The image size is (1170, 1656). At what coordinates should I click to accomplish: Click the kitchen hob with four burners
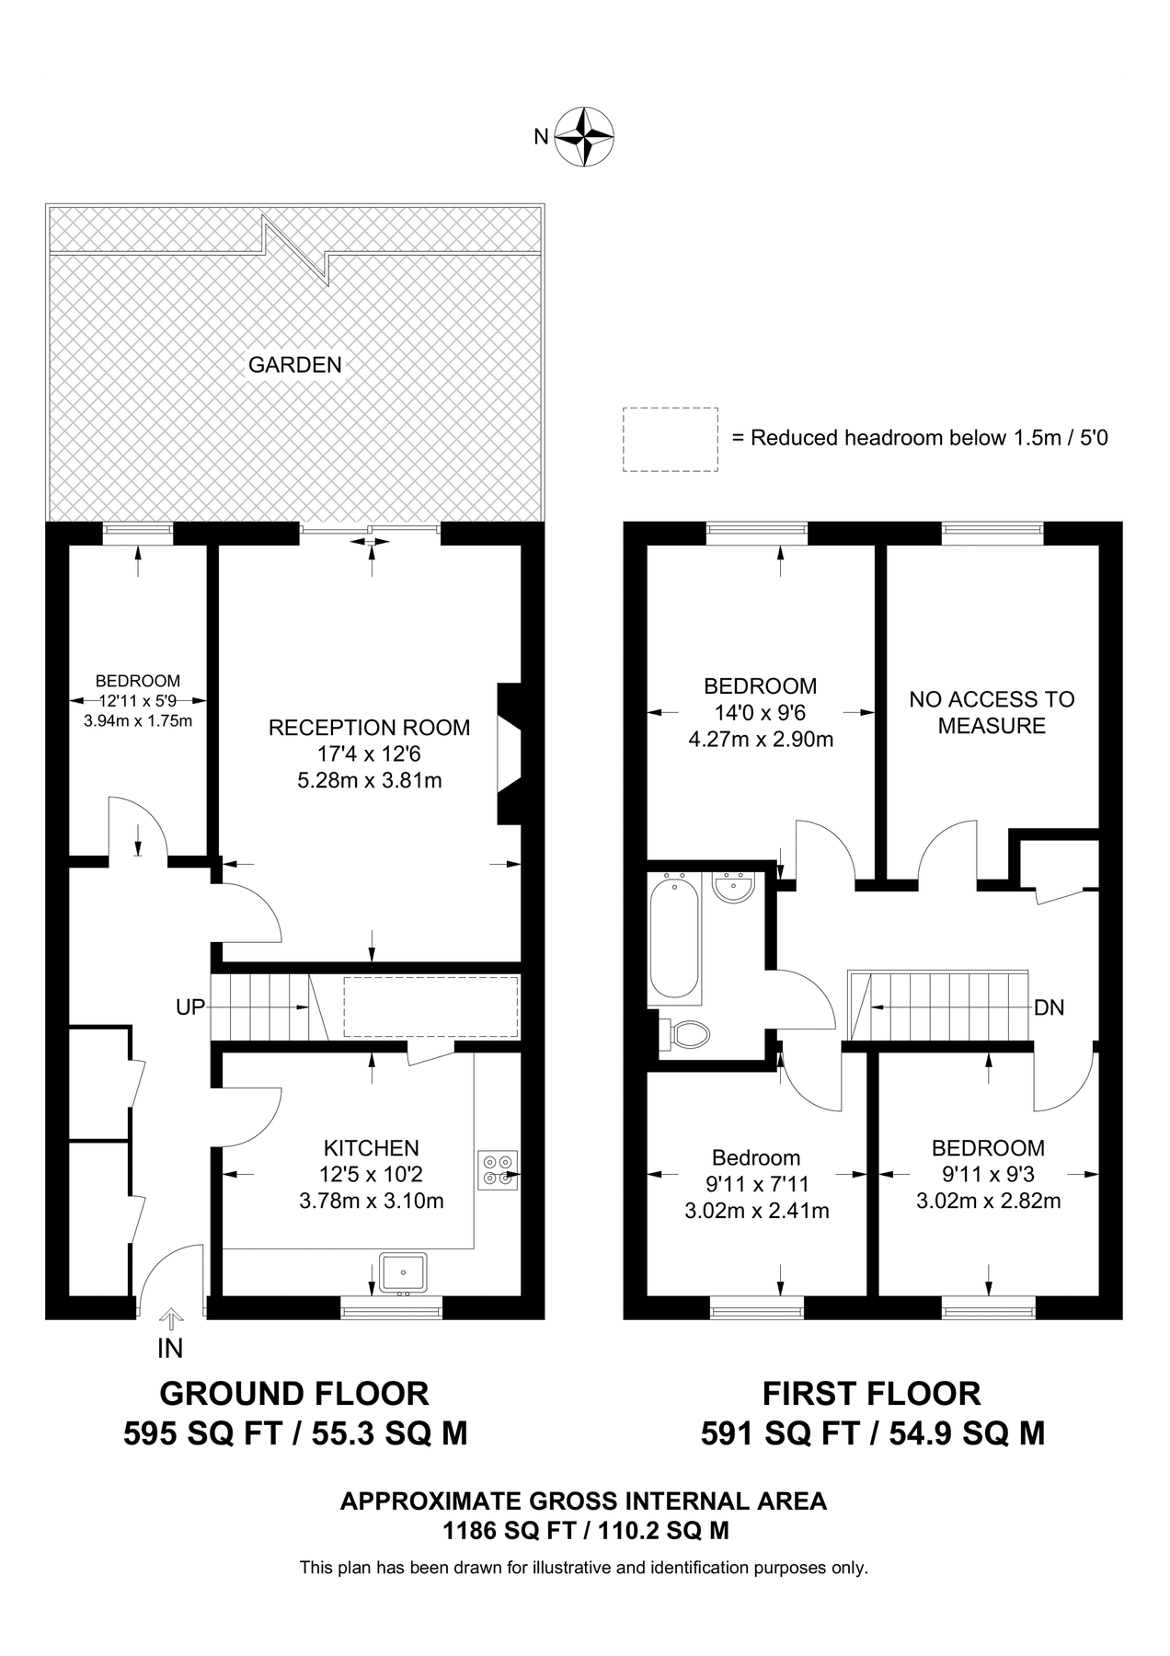click(497, 1169)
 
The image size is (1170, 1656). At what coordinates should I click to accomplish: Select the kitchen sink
click(403, 1272)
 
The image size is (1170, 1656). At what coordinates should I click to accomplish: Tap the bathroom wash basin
click(733, 887)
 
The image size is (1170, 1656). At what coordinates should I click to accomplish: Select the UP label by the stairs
click(190, 1007)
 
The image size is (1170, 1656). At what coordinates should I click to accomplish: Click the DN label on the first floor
click(1049, 1007)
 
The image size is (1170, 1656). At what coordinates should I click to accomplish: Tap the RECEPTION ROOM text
click(369, 728)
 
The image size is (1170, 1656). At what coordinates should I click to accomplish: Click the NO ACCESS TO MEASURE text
click(992, 712)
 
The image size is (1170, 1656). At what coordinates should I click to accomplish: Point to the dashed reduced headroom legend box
click(670, 440)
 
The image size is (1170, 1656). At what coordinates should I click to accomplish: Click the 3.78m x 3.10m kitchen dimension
click(372, 1201)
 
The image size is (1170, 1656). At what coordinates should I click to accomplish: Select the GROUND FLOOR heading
click(294, 1393)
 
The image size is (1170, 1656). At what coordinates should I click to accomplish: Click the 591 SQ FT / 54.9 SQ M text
click(872, 1433)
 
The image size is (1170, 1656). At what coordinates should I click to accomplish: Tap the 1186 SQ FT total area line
click(585, 1531)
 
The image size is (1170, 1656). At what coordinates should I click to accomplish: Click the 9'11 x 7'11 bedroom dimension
click(757, 1184)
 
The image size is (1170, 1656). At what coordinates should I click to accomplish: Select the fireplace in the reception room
click(508, 753)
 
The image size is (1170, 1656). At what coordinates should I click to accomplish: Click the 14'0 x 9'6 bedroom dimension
click(760, 712)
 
